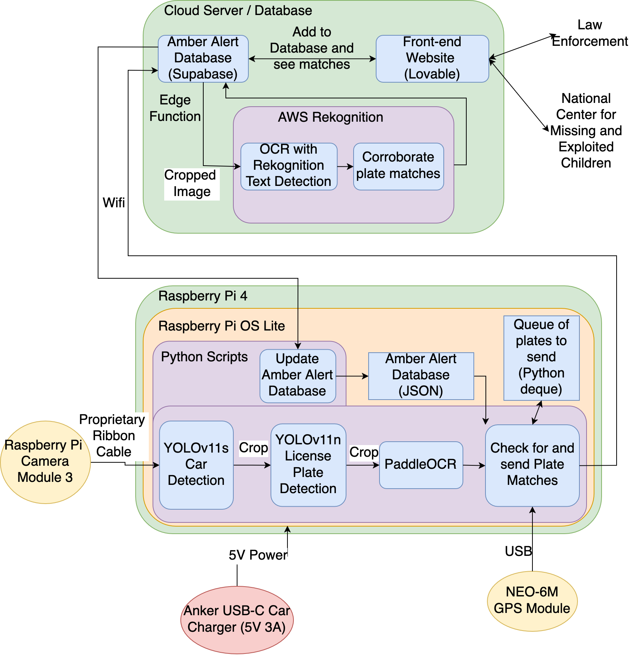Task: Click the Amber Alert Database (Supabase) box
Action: (203, 59)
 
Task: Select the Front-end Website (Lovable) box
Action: (432, 59)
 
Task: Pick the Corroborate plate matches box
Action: (398, 166)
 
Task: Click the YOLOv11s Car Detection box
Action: (196, 465)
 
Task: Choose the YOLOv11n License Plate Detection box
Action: (308, 465)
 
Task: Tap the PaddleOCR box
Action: (421, 465)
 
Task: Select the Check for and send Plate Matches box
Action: (532, 465)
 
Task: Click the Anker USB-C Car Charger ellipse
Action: (237, 620)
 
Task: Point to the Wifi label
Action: (113, 203)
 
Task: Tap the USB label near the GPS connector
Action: (518, 551)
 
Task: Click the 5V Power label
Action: (258, 555)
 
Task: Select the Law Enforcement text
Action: (590, 33)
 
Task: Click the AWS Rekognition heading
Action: (330, 117)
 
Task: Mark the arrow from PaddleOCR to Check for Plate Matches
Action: (474, 465)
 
